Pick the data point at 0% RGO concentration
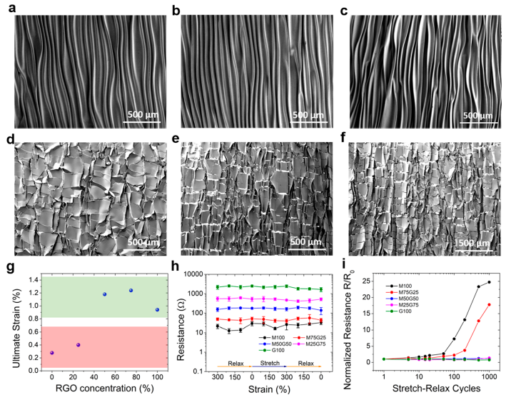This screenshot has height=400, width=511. coord(51,353)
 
